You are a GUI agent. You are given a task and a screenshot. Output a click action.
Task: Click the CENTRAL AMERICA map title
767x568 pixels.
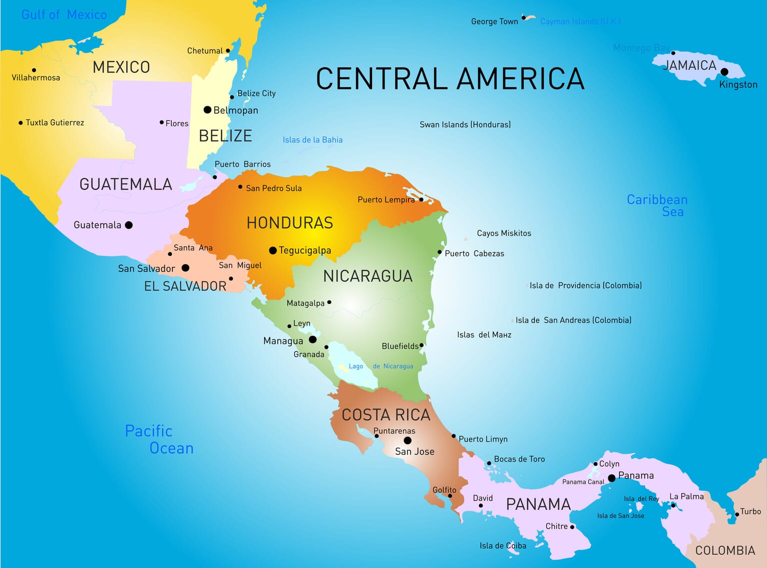(450, 79)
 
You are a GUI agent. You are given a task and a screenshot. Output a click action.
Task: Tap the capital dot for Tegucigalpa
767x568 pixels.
(273, 250)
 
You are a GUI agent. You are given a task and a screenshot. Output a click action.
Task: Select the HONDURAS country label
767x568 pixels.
(290, 223)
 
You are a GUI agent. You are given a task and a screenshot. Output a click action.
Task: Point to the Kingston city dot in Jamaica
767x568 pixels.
(725, 72)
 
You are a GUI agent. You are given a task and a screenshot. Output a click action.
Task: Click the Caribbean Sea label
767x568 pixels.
(657, 205)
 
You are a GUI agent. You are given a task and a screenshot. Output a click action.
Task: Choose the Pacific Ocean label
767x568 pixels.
(159, 440)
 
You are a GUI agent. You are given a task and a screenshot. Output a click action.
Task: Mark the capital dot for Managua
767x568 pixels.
(313, 340)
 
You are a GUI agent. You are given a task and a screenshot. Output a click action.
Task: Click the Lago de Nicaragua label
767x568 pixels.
(381, 366)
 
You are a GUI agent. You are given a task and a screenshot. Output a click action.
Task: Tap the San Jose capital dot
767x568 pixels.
(407, 440)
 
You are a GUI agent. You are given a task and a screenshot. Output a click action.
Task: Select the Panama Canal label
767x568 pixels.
(583, 482)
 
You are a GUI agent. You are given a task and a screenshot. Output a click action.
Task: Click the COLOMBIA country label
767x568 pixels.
(725, 551)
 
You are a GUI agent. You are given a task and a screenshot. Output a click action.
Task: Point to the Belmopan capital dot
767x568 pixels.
(207, 110)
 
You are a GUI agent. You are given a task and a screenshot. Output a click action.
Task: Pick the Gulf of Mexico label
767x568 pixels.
(64, 14)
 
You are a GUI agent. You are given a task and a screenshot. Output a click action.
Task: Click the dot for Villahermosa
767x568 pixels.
(34, 70)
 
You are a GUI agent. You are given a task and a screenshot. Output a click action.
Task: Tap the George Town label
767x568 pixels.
(494, 21)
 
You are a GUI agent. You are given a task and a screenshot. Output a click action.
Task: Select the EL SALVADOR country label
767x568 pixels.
(185, 286)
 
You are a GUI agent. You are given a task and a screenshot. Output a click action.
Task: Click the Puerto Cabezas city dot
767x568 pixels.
(439, 252)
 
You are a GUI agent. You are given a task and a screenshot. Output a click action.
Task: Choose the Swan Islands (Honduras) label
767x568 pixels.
(465, 124)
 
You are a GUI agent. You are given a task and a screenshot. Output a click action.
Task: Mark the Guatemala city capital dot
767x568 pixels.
(129, 225)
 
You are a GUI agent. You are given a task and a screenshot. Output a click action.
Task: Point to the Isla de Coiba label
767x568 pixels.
(503, 546)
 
